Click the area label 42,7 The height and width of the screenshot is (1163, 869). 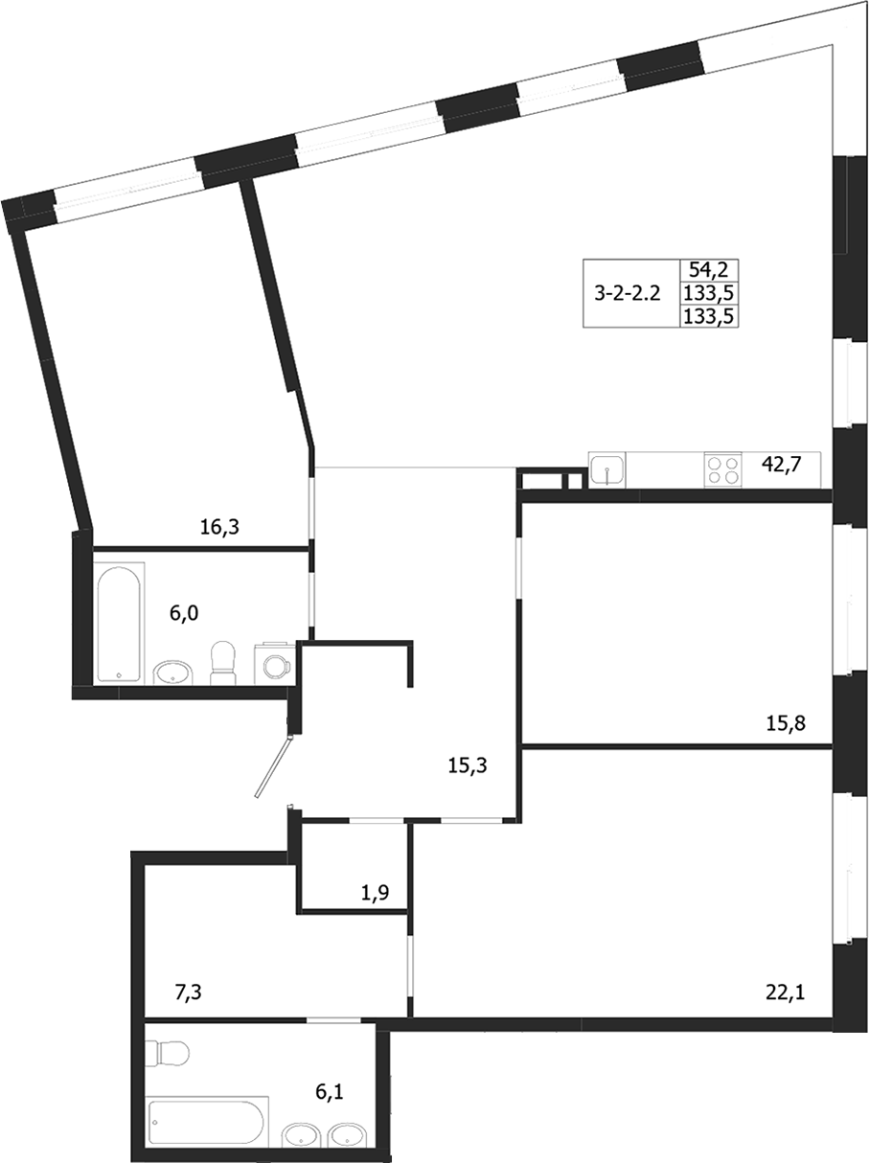[780, 465]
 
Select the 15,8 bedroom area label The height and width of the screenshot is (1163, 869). [786, 723]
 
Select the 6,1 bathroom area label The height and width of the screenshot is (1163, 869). [334, 1091]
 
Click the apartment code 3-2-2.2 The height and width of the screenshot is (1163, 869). [628, 293]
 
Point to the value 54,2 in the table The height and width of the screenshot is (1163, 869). [710, 271]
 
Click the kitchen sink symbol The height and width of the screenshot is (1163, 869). [607, 470]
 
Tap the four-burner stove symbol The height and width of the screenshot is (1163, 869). [723, 469]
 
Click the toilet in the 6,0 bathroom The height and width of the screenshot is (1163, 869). [222, 662]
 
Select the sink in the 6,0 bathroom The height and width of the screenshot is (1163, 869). [173, 673]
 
